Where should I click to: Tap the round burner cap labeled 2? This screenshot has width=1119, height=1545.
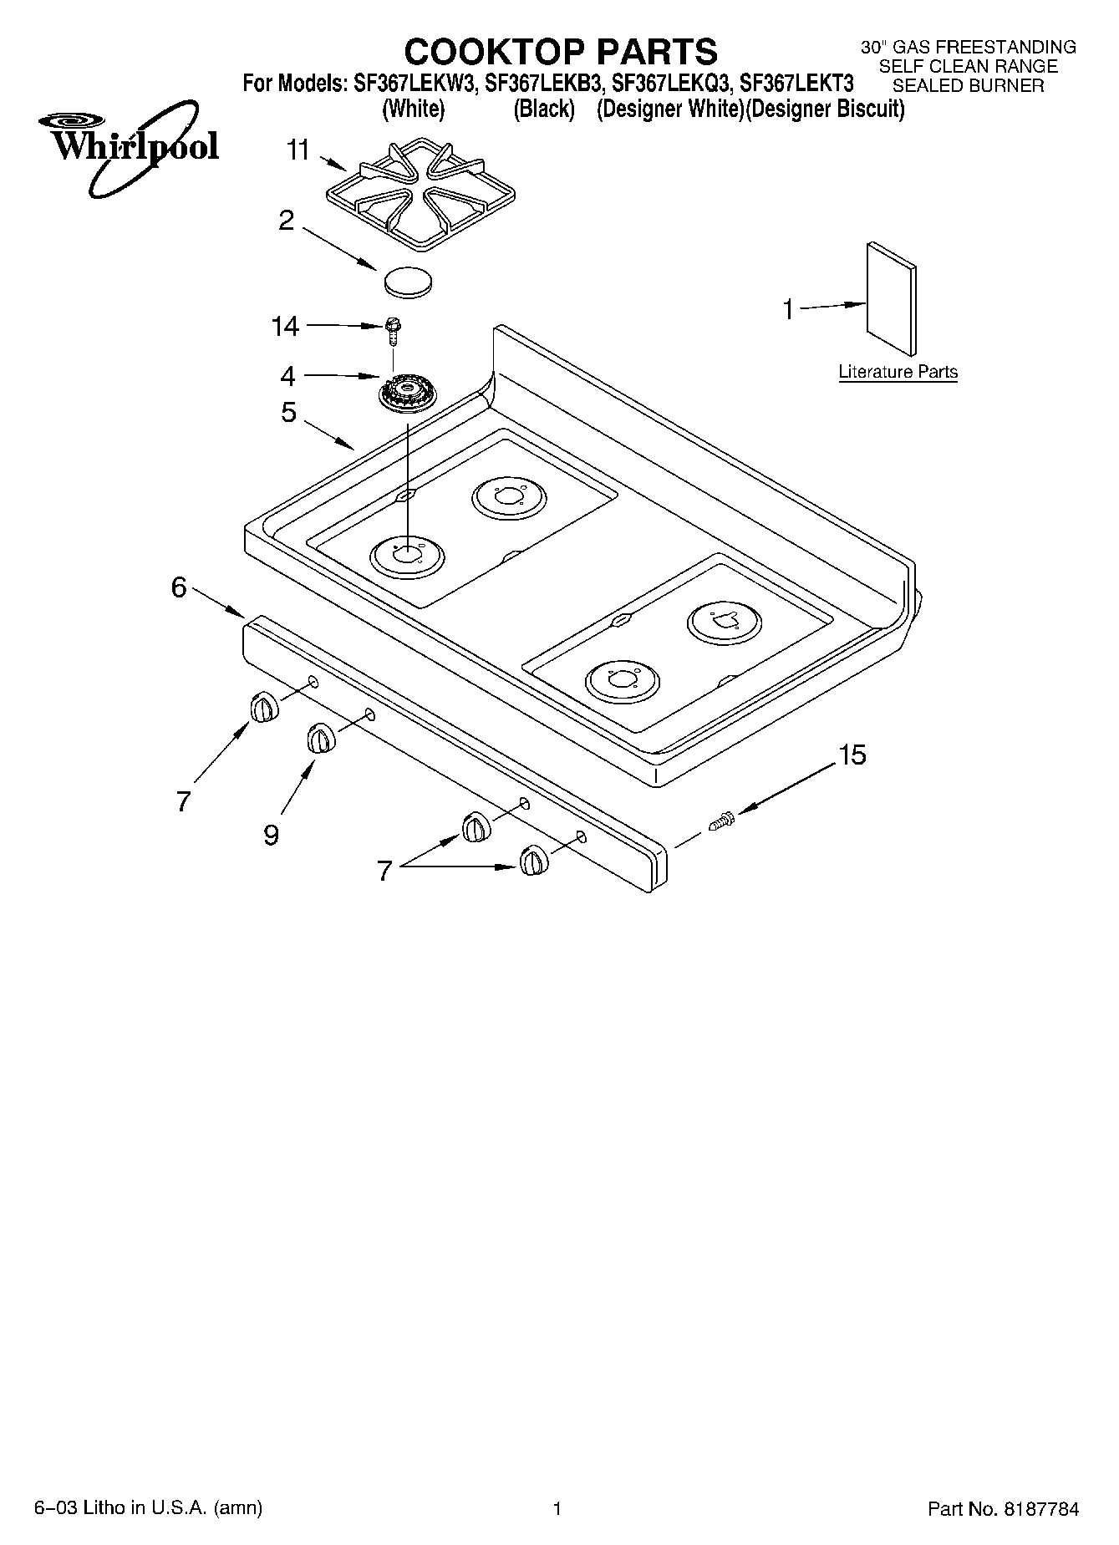pyautogui.click(x=409, y=281)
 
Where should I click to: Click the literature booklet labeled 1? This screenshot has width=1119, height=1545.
pyautogui.click(x=891, y=300)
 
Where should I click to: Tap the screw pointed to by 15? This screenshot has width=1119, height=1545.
pyautogui.click(x=722, y=821)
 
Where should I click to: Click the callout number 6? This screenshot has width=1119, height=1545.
pyautogui.click(x=179, y=587)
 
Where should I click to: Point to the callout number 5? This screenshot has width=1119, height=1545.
pyautogui.click(x=288, y=412)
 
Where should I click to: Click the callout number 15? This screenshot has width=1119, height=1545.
pyautogui.click(x=852, y=755)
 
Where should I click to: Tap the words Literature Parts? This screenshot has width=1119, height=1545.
pyautogui.click(x=898, y=372)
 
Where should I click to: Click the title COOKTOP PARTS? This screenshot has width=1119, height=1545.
pyautogui.click(x=561, y=52)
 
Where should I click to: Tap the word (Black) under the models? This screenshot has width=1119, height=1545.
pyautogui.click(x=544, y=109)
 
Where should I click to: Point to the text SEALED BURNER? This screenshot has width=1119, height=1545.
pyautogui.click(x=968, y=85)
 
